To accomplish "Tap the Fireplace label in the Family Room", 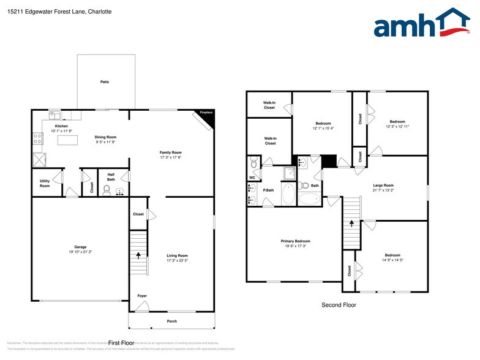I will tap(206, 113).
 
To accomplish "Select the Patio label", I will tap(105, 81).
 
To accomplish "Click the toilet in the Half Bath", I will tap(107, 190).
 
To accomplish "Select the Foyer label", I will tap(142, 296).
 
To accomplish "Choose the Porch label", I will tap(172, 321).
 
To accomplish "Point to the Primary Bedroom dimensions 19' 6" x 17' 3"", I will tap(294, 246).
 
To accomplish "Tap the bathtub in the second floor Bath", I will tap(310, 198).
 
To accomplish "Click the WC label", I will tap(252, 178).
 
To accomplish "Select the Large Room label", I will tap(383, 185).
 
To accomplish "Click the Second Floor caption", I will tap(339, 304).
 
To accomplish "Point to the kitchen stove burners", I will tap(37, 138).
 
